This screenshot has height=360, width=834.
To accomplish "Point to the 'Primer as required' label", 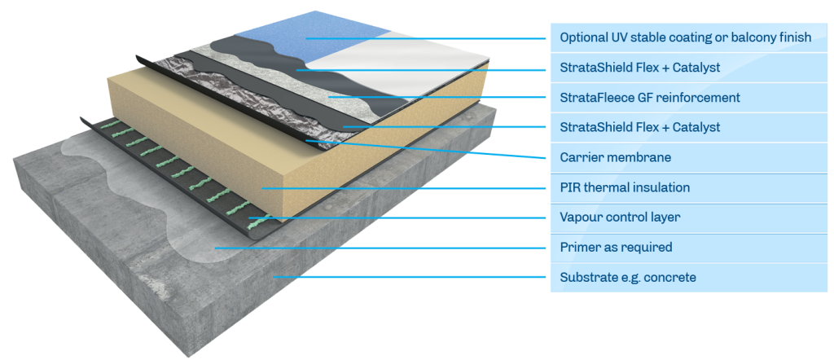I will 616,247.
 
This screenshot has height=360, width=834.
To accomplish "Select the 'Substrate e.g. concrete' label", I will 628,278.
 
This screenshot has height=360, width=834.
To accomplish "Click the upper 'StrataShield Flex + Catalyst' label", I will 639,68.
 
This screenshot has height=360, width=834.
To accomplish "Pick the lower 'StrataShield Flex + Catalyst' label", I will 639,128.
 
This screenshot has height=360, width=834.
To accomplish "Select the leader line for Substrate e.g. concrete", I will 407,278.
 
